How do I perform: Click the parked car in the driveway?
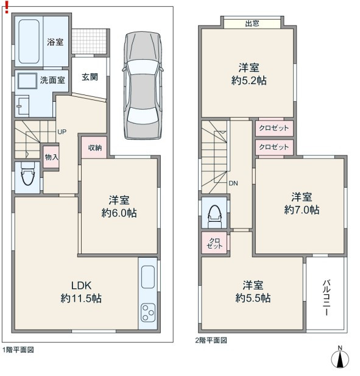tap(143, 85)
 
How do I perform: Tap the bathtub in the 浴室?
tap(29, 41)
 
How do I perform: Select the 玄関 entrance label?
tap(90, 77)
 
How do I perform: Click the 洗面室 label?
tap(52, 80)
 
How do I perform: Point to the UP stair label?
tap(62, 132)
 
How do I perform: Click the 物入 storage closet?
tap(51, 157)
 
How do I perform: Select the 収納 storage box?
tap(94, 147)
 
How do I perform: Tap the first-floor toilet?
tap(27, 174)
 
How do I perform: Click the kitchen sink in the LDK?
tap(147, 277)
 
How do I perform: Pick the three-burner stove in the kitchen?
tap(148, 312)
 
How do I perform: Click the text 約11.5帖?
tap(81, 299)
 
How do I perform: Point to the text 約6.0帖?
tap(119, 213)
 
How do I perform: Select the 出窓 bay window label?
tap(252, 24)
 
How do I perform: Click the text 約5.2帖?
tap(249, 80)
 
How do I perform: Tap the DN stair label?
tap(233, 183)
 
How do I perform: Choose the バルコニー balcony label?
tap(326, 297)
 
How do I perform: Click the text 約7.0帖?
tap(302, 210)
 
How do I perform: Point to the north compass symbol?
tap(340, 357)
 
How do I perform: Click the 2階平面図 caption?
tap(211, 340)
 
